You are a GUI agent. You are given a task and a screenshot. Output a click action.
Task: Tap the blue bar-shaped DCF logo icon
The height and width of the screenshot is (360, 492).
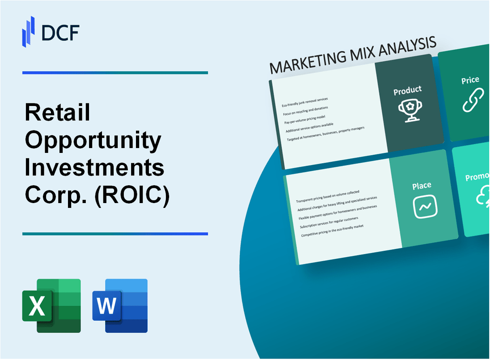29,31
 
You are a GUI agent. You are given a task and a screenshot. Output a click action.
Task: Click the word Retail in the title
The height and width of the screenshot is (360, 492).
58,113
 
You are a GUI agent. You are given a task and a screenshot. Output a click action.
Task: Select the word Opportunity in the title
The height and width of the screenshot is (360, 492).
93,141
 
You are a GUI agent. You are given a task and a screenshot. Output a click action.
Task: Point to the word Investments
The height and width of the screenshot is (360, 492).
94,169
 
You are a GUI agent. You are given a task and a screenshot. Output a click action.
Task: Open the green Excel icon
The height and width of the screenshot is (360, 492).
51,306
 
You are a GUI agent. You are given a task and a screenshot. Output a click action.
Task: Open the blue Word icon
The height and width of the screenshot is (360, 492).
120,306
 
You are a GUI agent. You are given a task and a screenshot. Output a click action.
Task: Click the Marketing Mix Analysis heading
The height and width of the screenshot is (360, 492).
353,56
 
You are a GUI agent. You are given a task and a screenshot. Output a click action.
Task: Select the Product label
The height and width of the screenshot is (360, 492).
407,91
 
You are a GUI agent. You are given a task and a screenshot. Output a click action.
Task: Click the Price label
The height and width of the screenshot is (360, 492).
470,80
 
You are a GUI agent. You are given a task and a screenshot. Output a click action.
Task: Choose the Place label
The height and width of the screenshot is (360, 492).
422,186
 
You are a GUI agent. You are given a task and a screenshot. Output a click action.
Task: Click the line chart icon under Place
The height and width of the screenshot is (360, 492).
425,207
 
